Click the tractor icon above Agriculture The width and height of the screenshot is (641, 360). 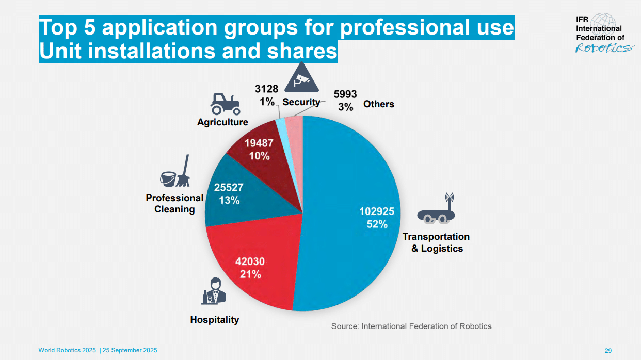click(225, 104)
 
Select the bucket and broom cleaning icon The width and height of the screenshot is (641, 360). click(174, 172)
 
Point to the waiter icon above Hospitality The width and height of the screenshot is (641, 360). click(214, 292)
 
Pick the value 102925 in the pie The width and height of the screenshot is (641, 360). click(377, 211)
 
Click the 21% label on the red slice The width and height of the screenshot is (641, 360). click(250, 274)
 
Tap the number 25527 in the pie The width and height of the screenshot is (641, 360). click(229, 188)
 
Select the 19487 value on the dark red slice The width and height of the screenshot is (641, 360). click(259, 144)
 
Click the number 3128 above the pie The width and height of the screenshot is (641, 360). click(267, 89)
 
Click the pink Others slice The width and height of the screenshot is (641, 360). click(294, 124)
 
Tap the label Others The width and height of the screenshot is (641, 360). click(378, 104)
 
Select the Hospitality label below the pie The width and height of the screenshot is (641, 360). click(215, 320)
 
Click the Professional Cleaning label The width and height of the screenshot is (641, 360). click(174, 204)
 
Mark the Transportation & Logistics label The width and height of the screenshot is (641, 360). click(436, 242)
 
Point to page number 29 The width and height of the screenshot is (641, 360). click(608, 351)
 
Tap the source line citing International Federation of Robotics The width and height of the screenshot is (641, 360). click(411, 326)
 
